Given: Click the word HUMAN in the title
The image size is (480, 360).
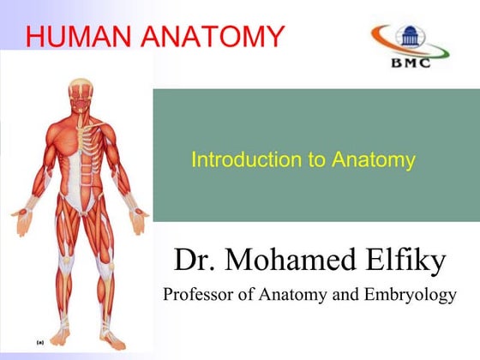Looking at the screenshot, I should [x=77, y=35].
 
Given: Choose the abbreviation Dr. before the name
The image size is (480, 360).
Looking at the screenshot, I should [x=195, y=258].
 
